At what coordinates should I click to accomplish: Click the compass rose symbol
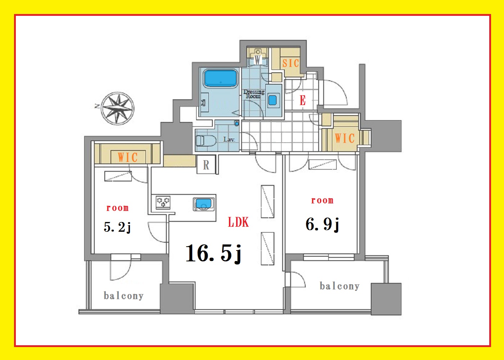tap(117, 108)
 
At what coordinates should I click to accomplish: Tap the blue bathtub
tap(220, 78)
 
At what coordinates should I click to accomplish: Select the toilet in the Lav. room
tap(206, 141)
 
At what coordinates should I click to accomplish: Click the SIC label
tap(291, 63)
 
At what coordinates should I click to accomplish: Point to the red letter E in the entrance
tap(303, 100)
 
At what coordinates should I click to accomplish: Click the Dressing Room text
tap(254, 94)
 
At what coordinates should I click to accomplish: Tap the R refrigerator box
tap(206, 165)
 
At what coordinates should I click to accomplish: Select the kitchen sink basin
tap(204, 204)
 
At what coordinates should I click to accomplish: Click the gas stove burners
tap(163, 202)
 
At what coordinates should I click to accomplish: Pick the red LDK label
tap(238, 222)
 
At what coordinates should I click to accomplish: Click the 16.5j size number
tap(213, 253)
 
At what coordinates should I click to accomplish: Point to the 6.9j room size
tap(322, 225)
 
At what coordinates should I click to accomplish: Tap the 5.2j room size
tap(117, 227)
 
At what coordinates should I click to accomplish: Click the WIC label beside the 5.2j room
tap(127, 157)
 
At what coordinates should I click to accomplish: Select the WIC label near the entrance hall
tap(345, 138)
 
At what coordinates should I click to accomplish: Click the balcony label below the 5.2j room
tap(123, 296)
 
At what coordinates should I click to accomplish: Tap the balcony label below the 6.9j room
tap(339, 286)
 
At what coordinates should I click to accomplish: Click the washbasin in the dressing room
tap(273, 100)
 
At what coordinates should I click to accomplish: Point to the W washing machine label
tap(258, 60)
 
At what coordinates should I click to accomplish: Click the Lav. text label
tap(229, 140)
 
